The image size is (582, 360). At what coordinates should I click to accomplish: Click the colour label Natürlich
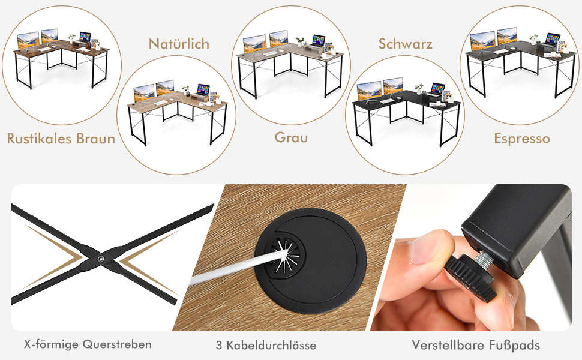[179, 44]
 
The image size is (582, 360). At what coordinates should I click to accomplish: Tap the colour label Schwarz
[406, 44]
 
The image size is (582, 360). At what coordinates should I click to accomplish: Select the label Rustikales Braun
[61, 139]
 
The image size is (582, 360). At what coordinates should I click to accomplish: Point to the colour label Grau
[292, 137]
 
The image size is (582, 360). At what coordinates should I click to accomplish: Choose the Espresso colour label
[522, 139]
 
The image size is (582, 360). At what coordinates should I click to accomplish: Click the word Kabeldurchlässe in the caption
[271, 345]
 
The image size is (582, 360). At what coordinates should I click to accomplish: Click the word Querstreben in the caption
[117, 344]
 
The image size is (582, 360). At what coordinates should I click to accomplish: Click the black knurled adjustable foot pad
[470, 278]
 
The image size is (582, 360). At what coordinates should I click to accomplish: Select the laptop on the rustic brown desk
[85, 37]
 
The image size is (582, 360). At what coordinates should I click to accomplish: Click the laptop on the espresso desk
[552, 39]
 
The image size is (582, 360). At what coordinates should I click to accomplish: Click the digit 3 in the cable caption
[219, 345]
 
